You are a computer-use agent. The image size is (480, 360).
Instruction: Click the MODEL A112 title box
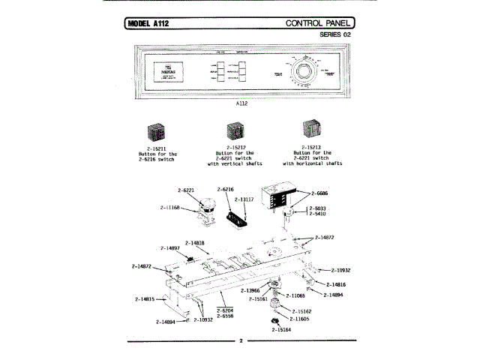pos(151,23)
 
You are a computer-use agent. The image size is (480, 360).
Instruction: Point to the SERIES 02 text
pos(334,35)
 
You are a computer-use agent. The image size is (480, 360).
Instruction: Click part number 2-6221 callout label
pos(186,190)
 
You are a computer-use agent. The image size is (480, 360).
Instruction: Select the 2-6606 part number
pos(316,193)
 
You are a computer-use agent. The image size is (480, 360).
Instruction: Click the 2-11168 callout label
pos(170,206)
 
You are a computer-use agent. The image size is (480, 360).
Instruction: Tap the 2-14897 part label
pos(170,248)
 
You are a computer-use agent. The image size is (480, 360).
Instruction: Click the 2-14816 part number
pos(334,285)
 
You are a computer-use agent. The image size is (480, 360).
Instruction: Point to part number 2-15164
pos(280,329)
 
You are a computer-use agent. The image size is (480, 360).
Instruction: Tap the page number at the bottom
pos(241,342)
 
